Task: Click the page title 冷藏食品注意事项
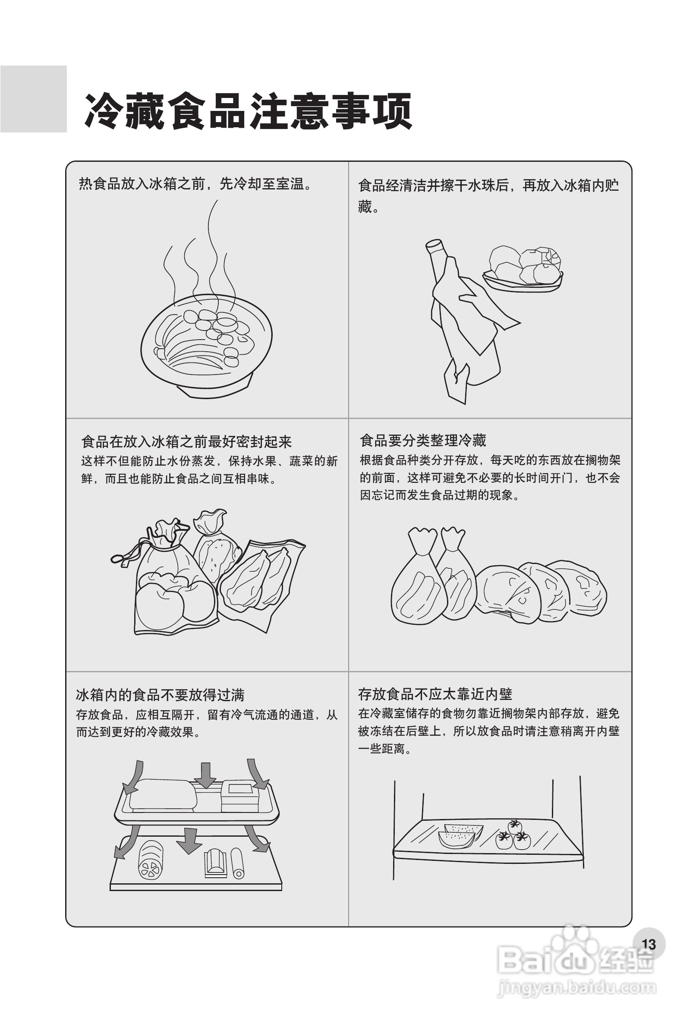pyautogui.click(x=248, y=111)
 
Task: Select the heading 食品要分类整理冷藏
pyautogui.click(x=423, y=441)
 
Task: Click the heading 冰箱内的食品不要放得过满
pyautogui.click(x=160, y=695)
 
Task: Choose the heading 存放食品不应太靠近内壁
pyautogui.click(x=435, y=694)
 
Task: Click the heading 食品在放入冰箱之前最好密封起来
pyautogui.click(x=186, y=441)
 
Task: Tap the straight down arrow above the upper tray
pyautogui.click(x=205, y=775)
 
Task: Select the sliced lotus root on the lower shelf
pyautogui.click(x=151, y=860)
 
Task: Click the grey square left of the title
pyautogui.click(x=34, y=99)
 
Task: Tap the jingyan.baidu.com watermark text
pyautogui.click(x=576, y=988)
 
